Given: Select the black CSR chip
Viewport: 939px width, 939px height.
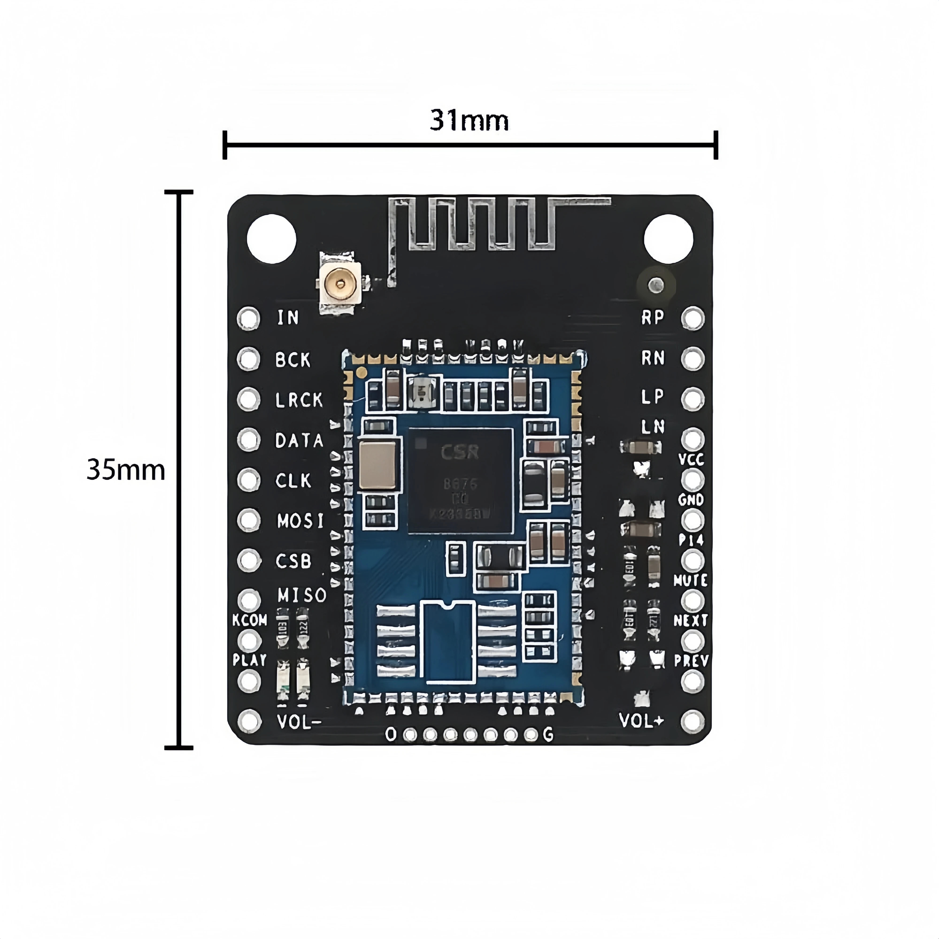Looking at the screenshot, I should tap(460, 480).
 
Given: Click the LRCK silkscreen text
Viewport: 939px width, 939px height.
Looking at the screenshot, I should tap(299, 400).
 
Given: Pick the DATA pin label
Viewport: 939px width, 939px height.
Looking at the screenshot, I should tap(299, 440).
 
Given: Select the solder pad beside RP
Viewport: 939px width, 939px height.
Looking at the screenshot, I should tap(693, 318).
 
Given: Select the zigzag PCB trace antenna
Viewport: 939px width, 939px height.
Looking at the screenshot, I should tap(481, 225).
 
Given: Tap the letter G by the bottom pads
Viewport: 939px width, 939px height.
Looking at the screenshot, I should tap(548, 734).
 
